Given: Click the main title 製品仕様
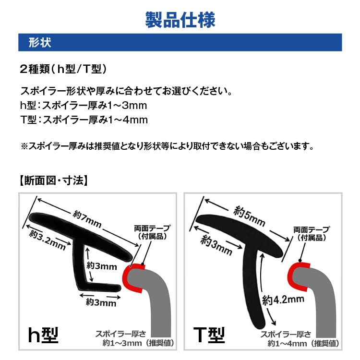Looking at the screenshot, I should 180,20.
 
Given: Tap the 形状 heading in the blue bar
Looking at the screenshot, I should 40,42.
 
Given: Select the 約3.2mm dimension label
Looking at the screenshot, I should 47,240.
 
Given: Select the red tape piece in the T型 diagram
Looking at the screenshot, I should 294,276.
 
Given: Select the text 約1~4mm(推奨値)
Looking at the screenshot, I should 303,344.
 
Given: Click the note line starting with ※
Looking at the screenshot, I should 167,144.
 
